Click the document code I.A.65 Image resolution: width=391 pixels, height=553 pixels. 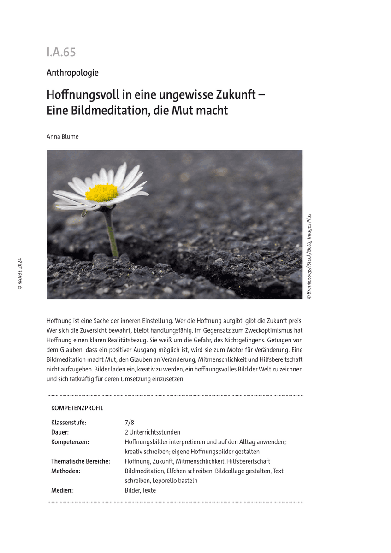coord(61,53)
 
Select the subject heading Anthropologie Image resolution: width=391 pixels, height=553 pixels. coord(72,73)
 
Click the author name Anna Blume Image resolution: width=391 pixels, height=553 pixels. coord(63,136)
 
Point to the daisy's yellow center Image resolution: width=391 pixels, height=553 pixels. coord(101,193)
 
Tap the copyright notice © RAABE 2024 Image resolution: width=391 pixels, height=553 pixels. coord(19,273)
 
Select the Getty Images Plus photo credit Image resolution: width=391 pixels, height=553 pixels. coord(309,256)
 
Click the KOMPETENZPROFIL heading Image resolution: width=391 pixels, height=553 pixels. coord(77,408)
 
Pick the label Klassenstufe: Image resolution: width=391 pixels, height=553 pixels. coord(69,423)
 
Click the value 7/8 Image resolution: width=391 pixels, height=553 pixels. coord(130,423)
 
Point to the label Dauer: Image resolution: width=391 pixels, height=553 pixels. coord(60,432)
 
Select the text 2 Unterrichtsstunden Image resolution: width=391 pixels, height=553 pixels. coord(152,432)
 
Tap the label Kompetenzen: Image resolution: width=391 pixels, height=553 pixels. coord(70,442)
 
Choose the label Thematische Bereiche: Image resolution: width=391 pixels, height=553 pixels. coord(81,461)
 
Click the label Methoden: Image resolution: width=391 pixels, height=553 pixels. coord(66,471)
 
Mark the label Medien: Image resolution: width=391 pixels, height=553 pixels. coord(62,490)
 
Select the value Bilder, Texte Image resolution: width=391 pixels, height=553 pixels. coord(140,490)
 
